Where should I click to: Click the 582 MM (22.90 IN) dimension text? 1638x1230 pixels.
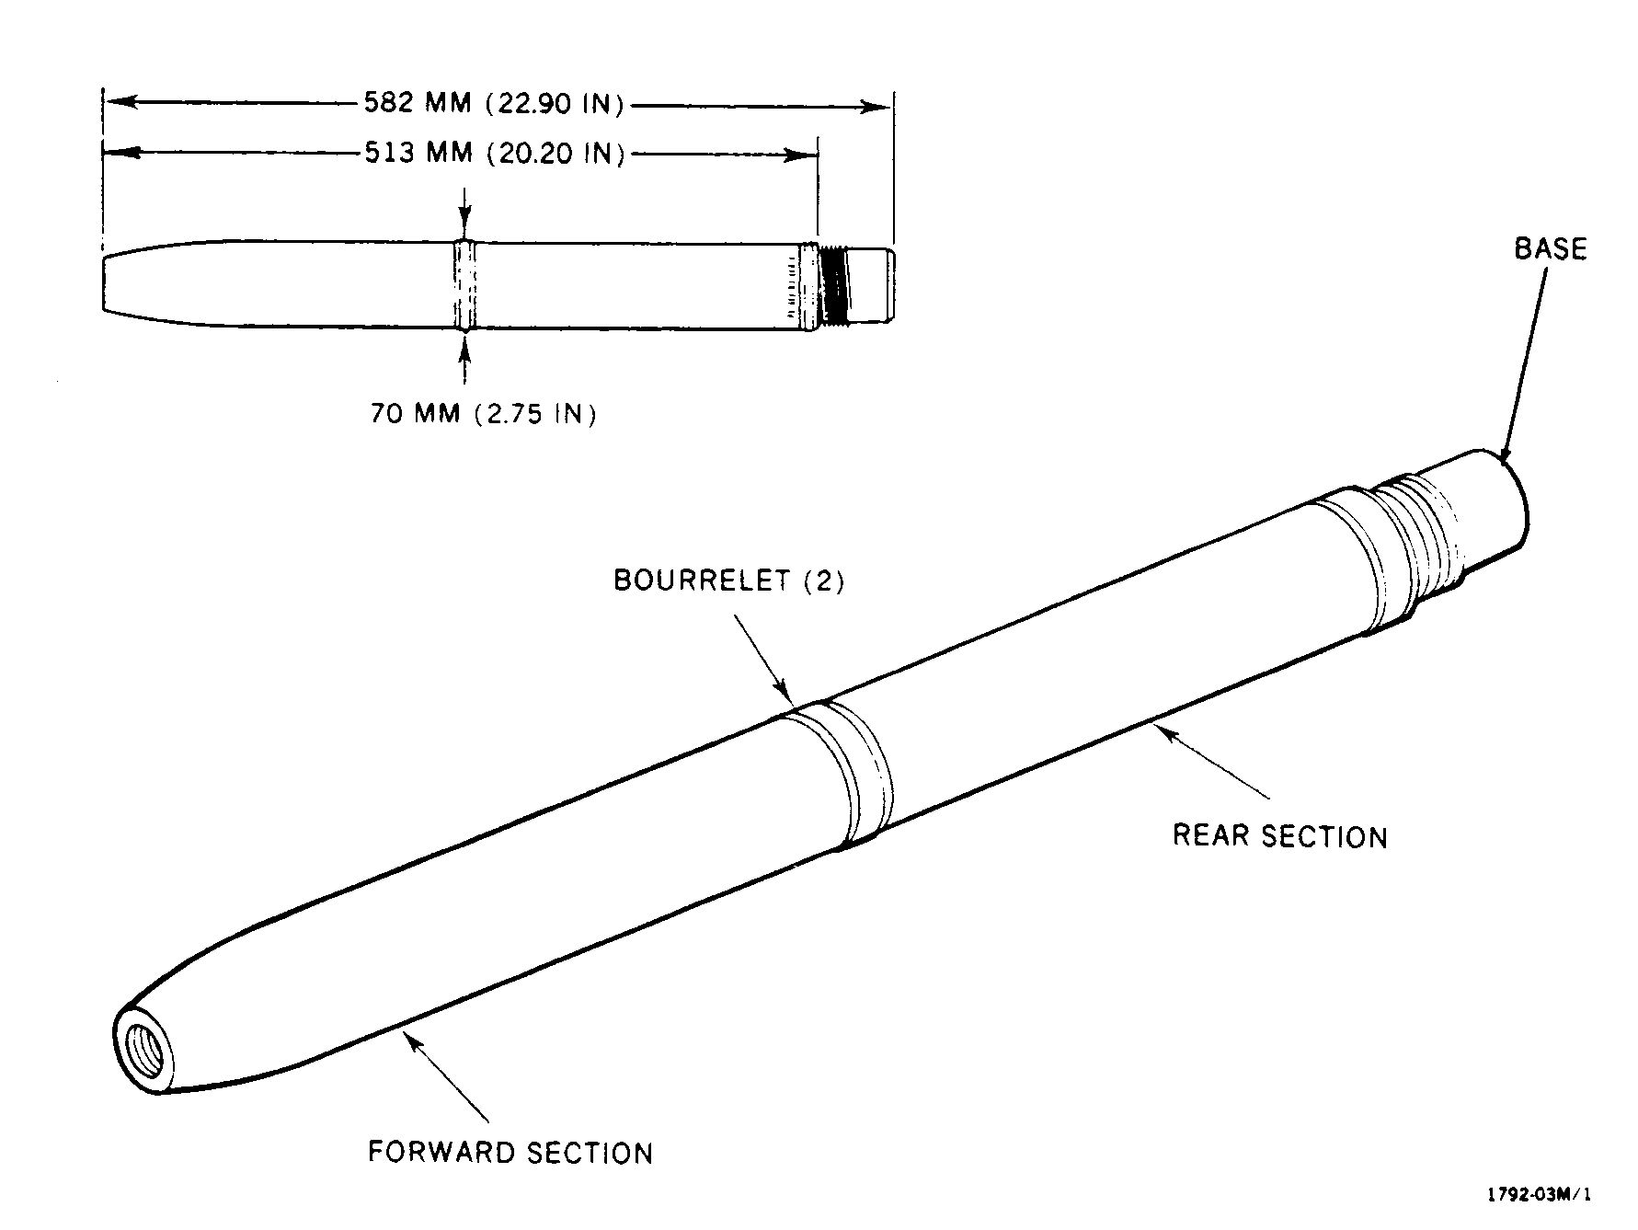click(494, 103)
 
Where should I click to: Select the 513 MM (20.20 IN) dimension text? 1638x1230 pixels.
click(494, 152)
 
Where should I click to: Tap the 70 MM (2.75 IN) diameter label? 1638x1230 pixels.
click(484, 414)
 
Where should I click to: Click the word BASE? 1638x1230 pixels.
click(1551, 248)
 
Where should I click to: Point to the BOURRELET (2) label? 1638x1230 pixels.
click(728, 581)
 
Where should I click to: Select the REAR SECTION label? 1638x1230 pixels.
click(1279, 836)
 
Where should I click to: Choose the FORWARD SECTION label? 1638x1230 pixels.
click(510, 1153)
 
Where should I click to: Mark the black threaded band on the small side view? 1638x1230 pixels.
click(834, 285)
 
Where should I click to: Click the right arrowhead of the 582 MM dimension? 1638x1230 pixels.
click(875, 107)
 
